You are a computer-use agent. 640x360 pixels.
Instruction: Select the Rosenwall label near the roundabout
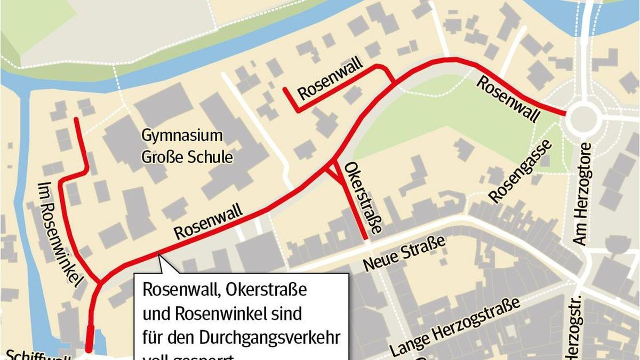point(507,100)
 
